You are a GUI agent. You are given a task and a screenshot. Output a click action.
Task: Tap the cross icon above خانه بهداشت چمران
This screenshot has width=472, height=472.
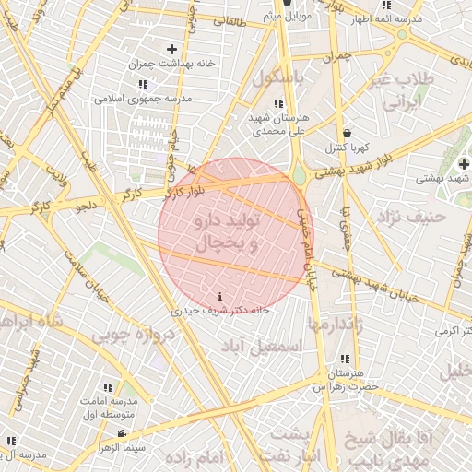point(171,48)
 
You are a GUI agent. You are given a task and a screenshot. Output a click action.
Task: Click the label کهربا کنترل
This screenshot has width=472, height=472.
point(347,147)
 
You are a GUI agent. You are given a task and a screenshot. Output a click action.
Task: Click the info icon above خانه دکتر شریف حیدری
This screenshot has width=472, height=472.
point(218,297)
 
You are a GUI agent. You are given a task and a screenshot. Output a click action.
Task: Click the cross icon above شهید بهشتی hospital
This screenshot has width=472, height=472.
point(464,163)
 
